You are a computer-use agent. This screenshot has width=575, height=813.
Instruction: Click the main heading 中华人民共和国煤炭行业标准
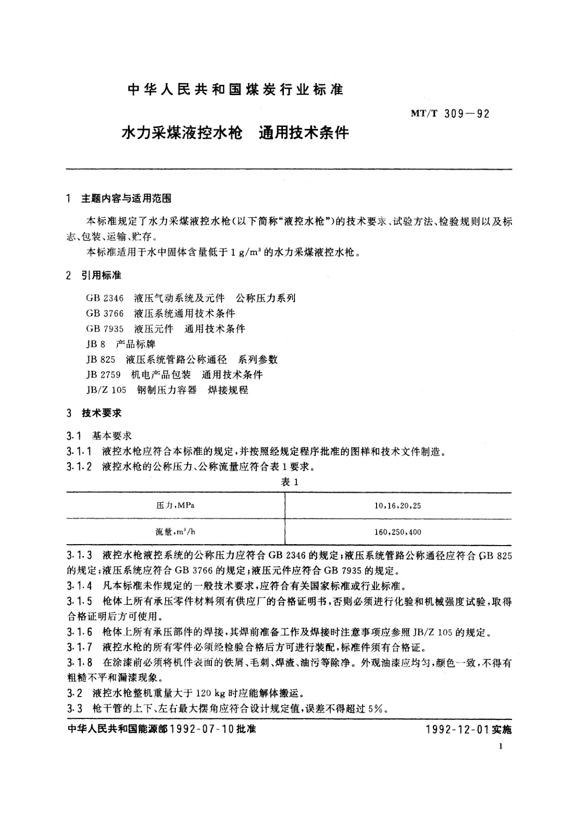235,89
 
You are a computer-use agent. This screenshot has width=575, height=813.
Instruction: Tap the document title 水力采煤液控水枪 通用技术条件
236,132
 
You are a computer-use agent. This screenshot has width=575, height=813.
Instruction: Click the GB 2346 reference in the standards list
105,298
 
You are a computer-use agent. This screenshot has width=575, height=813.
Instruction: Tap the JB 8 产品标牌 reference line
121,344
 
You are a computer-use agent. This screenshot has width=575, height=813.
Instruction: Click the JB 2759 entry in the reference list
103,375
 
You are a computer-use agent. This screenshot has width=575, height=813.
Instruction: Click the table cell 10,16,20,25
397,506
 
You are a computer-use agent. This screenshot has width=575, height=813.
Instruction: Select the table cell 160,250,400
397,532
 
